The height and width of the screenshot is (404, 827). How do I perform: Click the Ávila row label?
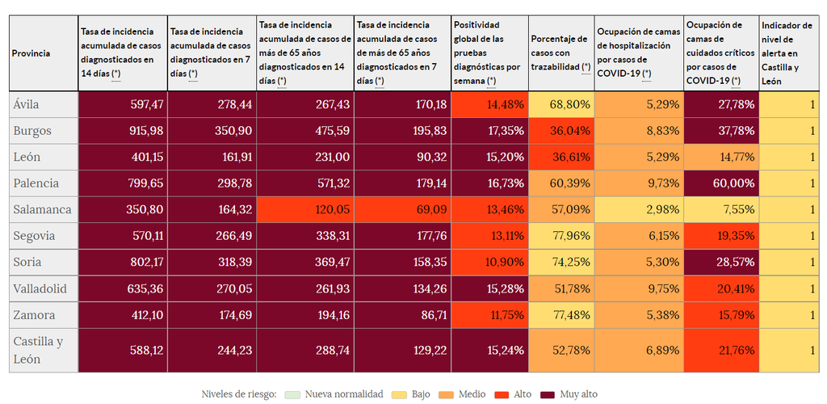coord(27,104)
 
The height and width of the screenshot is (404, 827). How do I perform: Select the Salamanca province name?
coord(42,209)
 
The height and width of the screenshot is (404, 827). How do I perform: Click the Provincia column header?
coord(31,53)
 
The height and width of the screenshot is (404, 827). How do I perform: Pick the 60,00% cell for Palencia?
coord(721,183)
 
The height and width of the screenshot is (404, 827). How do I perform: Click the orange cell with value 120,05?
coord(304,209)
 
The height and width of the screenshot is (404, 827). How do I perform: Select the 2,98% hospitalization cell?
coord(640,209)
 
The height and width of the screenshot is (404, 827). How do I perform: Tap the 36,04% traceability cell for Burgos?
coord(562,131)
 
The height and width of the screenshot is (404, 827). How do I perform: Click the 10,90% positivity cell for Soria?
coord(489,262)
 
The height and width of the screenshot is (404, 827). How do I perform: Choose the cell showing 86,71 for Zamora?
coord(402,314)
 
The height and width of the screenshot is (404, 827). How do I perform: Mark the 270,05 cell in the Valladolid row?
coord(212,288)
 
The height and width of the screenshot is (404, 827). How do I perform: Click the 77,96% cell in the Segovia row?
coord(562,236)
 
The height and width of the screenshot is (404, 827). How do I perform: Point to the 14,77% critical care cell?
coord(721,157)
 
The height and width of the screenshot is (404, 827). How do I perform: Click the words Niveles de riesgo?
coord(239,393)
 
